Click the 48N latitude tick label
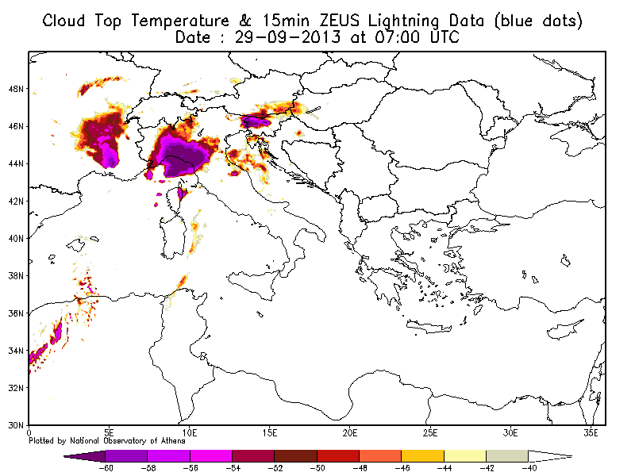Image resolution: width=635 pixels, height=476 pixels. (16, 89)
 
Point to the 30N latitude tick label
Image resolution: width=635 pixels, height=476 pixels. (16, 425)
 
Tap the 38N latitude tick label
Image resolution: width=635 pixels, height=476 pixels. (16, 276)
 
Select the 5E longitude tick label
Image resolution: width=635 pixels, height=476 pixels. (109, 433)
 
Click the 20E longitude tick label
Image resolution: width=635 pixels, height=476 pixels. (349, 433)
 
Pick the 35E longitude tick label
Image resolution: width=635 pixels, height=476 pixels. (591, 433)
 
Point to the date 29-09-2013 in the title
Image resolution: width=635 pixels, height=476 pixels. (287, 37)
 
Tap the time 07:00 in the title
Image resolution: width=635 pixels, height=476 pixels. (397, 37)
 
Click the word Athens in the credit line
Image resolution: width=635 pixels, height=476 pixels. (172, 441)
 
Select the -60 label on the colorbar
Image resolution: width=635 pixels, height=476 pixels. (106, 468)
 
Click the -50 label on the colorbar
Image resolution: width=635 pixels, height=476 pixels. (317, 468)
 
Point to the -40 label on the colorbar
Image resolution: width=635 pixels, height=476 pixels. (529, 468)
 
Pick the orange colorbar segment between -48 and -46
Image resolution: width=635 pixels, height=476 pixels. (380, 456)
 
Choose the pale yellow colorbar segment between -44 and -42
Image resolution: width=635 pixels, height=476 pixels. (465, 456)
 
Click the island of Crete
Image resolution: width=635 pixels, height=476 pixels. (429, 326)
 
